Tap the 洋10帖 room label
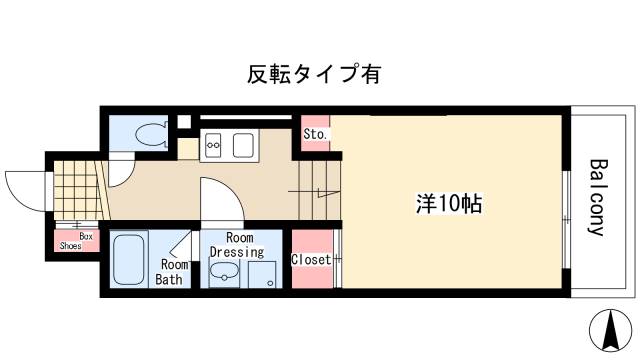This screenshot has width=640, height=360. (x=449, y=204)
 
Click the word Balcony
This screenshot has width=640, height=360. (x=597, y=196)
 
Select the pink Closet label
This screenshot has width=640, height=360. (x=310, y=260)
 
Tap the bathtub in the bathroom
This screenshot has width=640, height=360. (x=130, y=259)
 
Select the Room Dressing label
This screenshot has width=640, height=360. (x=238, y=246)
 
